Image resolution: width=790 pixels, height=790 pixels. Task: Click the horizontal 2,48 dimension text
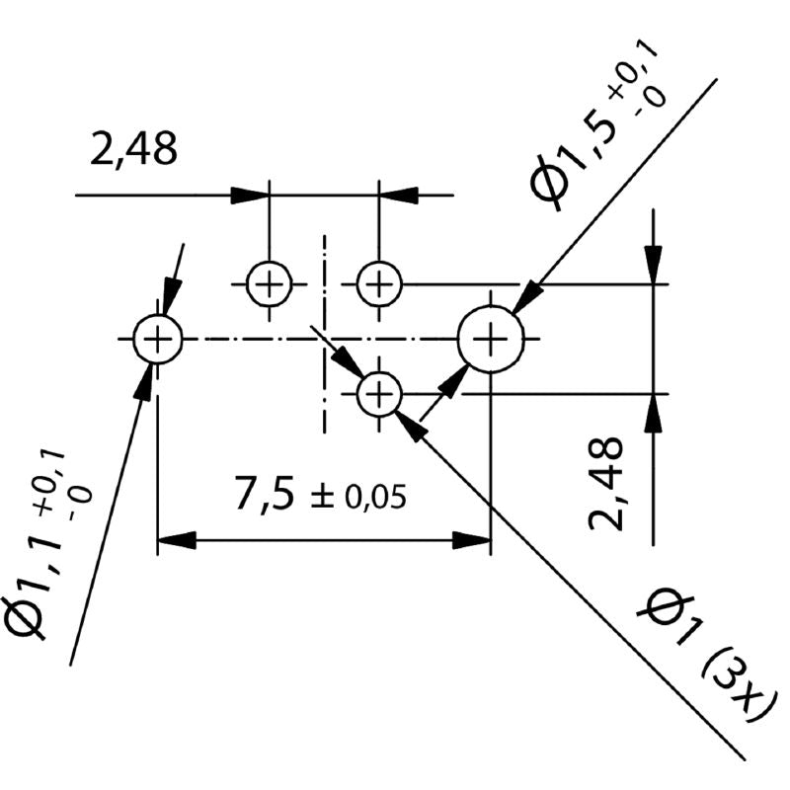(133, 150)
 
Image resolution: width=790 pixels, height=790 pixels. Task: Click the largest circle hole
(490, 340)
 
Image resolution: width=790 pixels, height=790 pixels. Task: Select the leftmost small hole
(157, 340)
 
